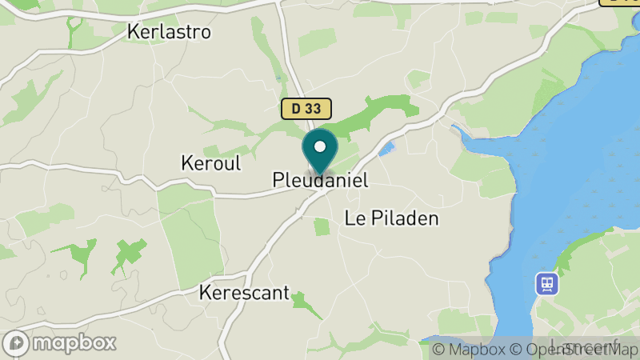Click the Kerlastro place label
pyautogui.click(x=169, y=32)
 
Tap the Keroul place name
pyautogui.click(x=211, y=162)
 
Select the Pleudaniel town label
pyautogui.click(x=320, y=181)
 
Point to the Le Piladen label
pyautogui.click(x=392, y=218)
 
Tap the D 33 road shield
pyautogui.click(x=306, y=109)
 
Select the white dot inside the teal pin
pyautogui.click(x=320, y=146)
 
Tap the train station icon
pyautogui.click(x=547, y=282)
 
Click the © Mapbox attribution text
pyautogui.click(x=467, y=349)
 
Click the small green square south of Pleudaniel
pyautogui.click(x=322, y=226)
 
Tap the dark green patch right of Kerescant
pyautogui.click(x=302, y=301)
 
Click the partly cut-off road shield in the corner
pyautogui.click(x=619, y=2)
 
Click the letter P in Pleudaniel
pyautogui.click(x=278, y=181)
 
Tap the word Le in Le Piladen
pyautogui.click(x=354, y=218)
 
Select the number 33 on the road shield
pyautogui.click(x=314, y=109)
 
